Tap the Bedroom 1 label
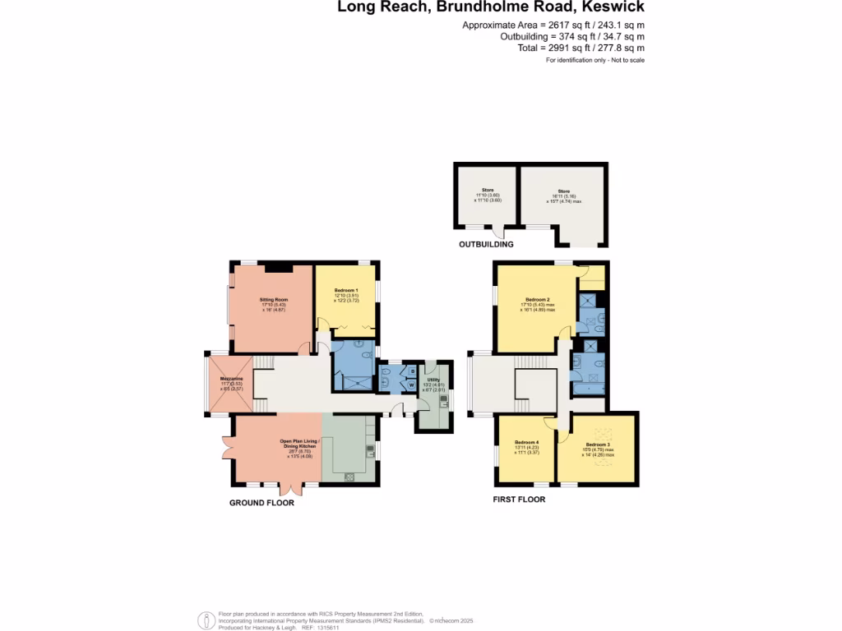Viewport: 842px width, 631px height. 346,291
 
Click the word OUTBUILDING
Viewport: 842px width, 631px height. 486,244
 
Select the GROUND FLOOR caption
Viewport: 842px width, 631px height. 261,503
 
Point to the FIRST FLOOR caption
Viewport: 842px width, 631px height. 519,499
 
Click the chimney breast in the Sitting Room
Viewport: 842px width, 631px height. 279,266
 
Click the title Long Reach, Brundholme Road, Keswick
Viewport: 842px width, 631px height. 491,7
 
